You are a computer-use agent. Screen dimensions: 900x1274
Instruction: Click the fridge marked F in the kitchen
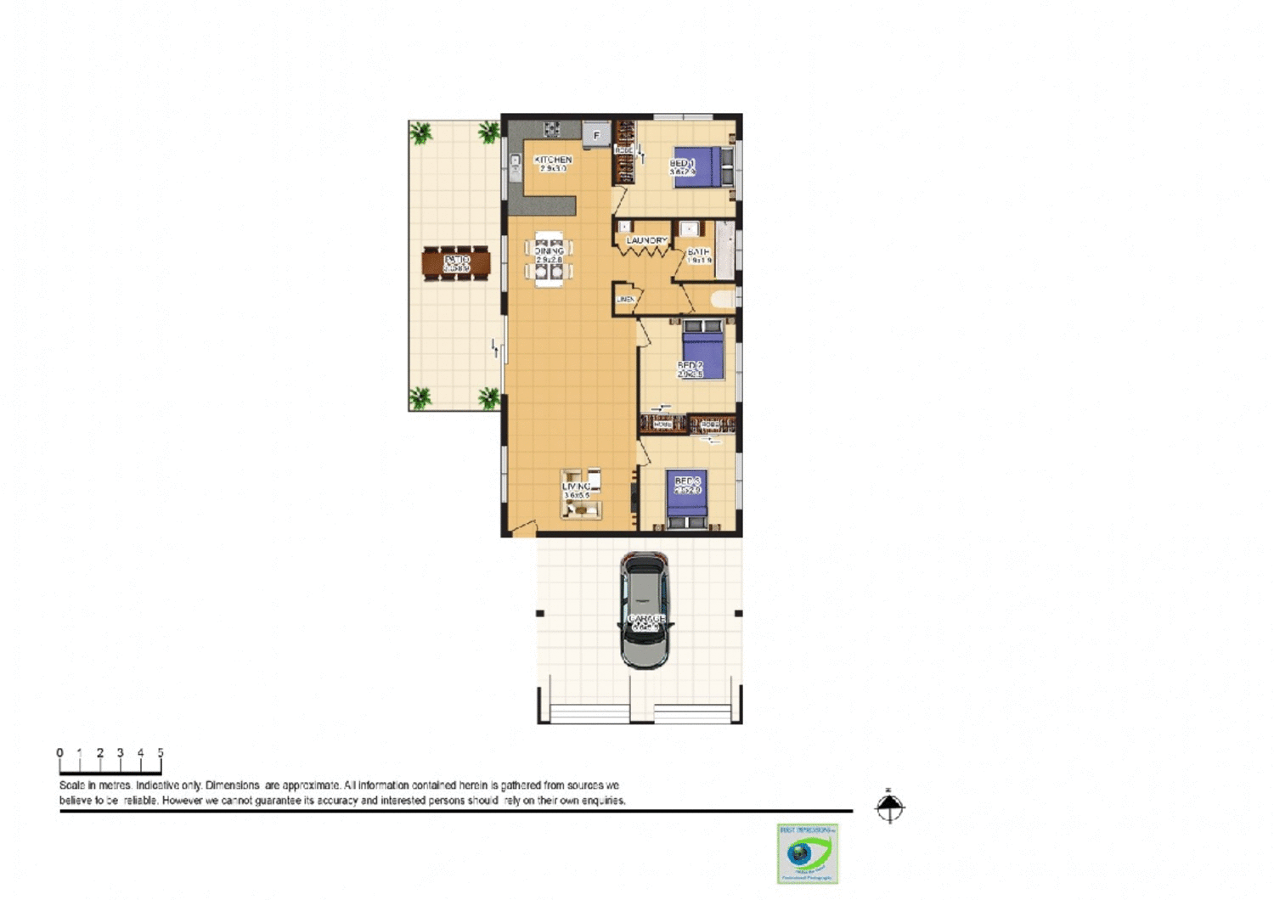click(x=596, y=134)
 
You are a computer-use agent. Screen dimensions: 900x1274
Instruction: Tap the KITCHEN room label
click(x=553, y=160)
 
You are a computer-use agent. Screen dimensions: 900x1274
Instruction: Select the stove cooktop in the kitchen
click(x=551, y=129)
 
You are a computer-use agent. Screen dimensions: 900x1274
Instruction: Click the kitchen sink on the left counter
click(x=515, y=166)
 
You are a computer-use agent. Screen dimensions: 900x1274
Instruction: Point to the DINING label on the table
click(x=549, y=251)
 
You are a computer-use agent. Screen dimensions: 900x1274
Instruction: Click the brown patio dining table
click(x=456, y=263)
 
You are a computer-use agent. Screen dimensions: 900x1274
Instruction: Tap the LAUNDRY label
click(x=646, y=241)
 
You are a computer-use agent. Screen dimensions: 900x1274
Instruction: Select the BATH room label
click(x=698, y=252)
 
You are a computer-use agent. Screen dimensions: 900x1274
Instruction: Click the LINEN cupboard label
click(x=625, y=300)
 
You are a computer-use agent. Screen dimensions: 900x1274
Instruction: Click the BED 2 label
click(x=690, y=366)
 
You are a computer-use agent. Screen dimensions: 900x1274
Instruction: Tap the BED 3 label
click(x=687, y=481)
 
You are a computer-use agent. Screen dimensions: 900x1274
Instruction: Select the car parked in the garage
click(x=645, y=610)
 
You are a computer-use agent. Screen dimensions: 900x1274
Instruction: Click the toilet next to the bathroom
click(x=723, y=299)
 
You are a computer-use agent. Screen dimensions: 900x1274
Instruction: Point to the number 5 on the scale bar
click(x=161, y=752)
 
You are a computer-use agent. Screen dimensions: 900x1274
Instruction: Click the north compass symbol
click(x=889, y=807)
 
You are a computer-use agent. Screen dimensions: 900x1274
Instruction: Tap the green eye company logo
click(x=807, y=853)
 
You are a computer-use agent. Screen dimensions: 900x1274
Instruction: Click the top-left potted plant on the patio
click(x=420, y=132)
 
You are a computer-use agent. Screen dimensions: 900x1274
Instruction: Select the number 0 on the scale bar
click(x=59, y=752)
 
